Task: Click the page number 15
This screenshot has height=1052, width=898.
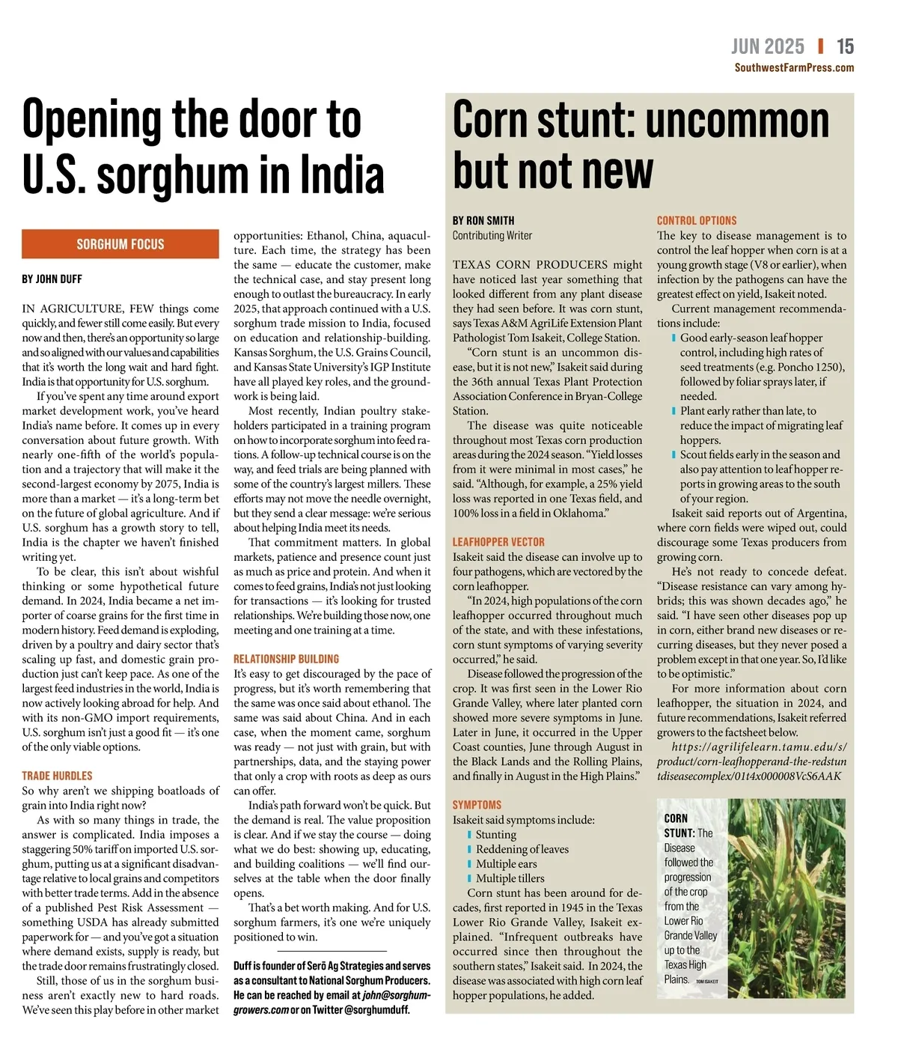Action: (x=845, y=46)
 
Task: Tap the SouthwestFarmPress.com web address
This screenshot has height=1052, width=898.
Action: (x=794, y=67)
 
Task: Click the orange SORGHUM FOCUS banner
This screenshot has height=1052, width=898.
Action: (x=120, y=244)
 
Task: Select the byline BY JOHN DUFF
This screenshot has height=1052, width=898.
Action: (x=52, y=279)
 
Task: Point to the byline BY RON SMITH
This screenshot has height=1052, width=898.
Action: (x=483, y=221)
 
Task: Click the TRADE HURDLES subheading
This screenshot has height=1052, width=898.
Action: (x=57, y=776)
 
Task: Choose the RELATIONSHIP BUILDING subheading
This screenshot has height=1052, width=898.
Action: (x=286, y=659)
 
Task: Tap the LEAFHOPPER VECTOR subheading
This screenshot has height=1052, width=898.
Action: (x=498, y=542)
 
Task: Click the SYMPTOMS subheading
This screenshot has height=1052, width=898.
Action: (x=477, y=805)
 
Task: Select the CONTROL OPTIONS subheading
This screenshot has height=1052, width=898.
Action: (x=697, y=221)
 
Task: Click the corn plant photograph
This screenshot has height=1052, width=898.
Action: (x=786, y=898)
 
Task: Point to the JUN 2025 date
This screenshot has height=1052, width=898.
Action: (x=767, y=46)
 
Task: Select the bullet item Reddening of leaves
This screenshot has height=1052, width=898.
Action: (x=522, y=849)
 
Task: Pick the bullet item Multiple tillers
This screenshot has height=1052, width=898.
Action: (x=510, y=878)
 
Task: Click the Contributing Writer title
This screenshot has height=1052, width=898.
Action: (x=492, y=236)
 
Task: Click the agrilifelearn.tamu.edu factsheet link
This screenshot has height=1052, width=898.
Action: (x=751, y=761)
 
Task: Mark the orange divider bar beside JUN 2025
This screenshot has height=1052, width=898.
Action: (x=821, y=46)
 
